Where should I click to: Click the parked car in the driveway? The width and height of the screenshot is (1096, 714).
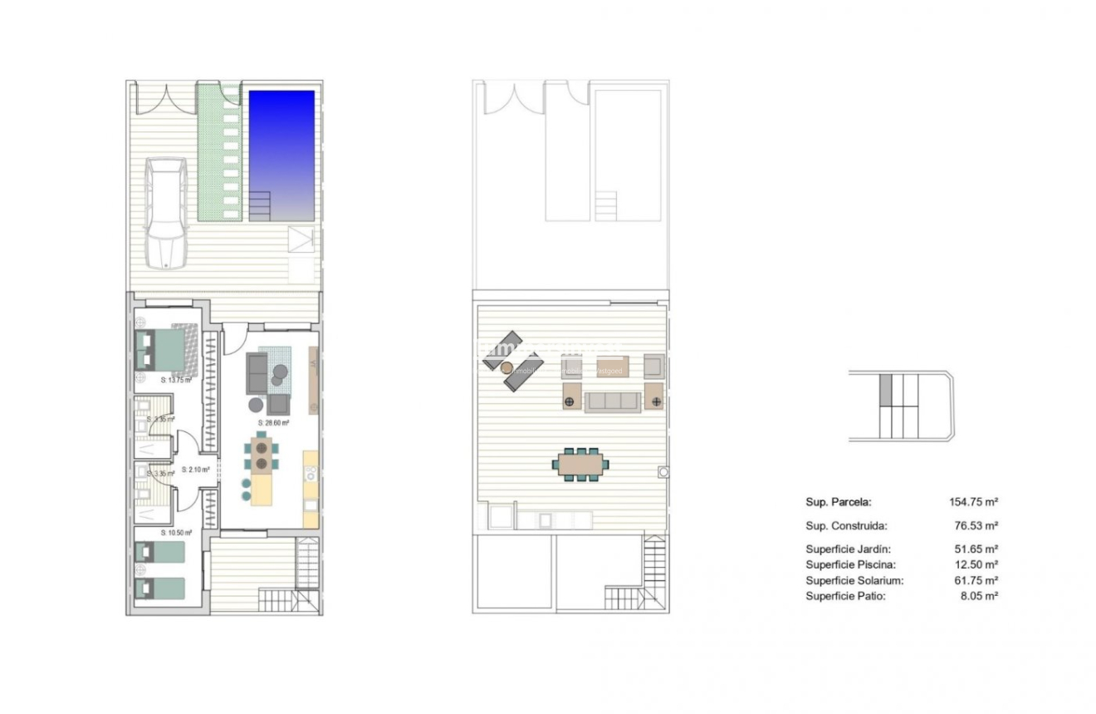tap(166, 213)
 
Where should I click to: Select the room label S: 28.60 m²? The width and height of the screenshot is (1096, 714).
tap(273, 422)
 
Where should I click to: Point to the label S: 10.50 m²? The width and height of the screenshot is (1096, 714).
tap(176, 533)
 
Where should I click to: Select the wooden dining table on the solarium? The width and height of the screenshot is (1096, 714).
tap(580, 464)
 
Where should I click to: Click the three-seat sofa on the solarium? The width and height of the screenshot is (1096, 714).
tap(612, 402)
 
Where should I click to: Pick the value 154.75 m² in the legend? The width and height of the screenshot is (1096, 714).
tap(973, 502)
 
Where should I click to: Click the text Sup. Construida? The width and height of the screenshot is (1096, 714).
tap(846, 525)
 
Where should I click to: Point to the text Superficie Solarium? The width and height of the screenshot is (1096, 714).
tap(854, 581)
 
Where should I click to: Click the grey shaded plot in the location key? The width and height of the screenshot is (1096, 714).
tap(885, 390)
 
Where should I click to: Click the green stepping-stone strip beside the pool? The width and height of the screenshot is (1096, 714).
tap(219, 152)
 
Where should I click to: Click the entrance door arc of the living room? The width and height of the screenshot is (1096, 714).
tap(233, 339)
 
